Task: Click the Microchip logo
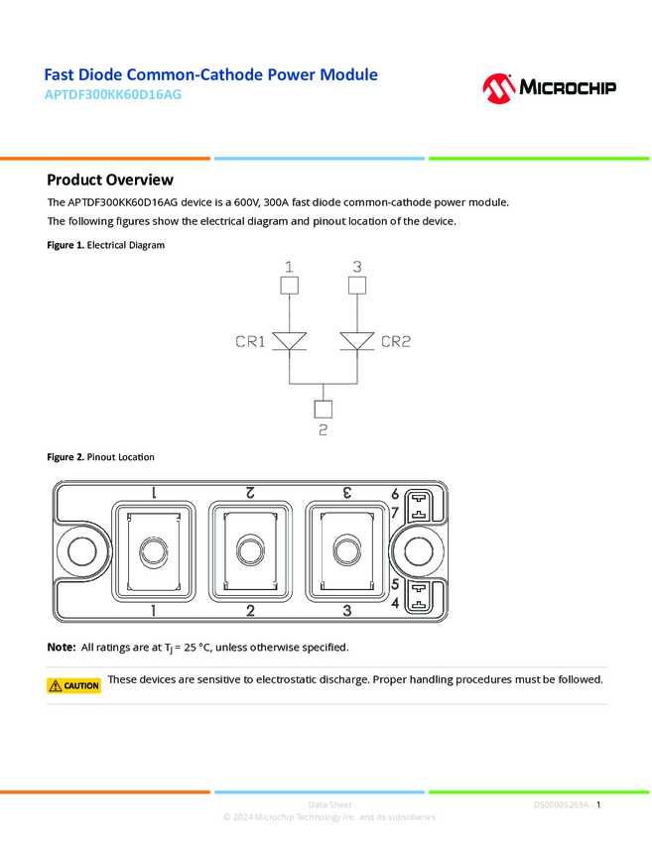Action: (549, 87)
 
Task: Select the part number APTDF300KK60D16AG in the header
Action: (113, 95)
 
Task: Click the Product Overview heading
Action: (110, 180)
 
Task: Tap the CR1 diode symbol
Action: (289, 342)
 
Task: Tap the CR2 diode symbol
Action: (357, 342)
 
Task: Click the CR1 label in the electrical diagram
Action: (250, 342)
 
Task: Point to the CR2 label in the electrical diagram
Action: (396, 342)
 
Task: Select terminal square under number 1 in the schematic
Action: (289, 286)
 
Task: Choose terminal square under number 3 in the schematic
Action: (357, 286)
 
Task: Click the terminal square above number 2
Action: (323, 409)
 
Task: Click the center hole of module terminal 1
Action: (152, 550)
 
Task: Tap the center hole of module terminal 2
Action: (248, 550)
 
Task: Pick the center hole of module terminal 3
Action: (344, 550)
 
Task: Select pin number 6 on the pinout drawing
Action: (395, 494)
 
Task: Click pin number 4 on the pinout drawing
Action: (395, 603)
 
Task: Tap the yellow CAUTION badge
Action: (74, 685)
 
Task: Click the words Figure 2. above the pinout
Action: (65, 457)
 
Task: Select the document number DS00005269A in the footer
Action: (561, 804)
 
